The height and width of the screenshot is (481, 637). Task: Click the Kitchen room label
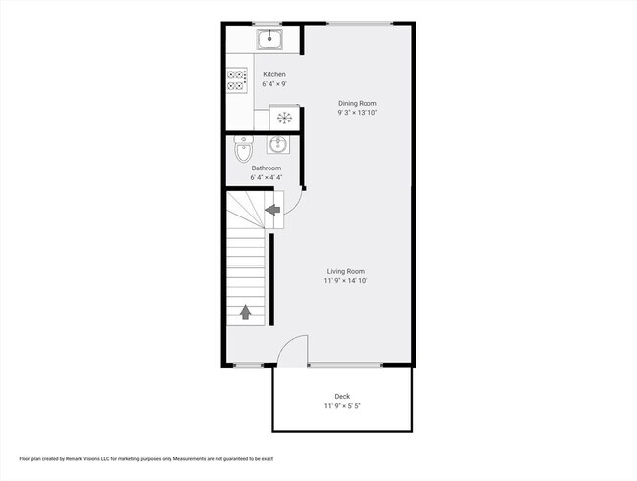point(274,74)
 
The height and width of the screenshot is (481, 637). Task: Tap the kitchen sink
point(269,40)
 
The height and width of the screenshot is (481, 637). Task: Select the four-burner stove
point(237,80)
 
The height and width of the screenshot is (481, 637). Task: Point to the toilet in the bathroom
point(243,149)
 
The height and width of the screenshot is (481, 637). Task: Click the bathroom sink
point(278,144)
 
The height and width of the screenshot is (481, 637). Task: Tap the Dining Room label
point(358,103)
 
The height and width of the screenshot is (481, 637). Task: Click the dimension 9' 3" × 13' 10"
point(358,113)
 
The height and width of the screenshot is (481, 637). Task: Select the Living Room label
point(346,271)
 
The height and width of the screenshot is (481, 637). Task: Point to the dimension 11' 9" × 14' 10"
point(346,281)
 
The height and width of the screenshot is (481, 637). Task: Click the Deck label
point(342,396)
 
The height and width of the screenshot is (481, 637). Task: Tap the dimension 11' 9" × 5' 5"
point(342,406)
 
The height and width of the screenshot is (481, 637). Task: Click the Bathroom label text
point(267,168)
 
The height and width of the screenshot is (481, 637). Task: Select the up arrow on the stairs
point(245,313)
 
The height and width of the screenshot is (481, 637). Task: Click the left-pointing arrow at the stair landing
point(272,210)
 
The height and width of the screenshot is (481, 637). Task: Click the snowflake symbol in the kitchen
point(284,118)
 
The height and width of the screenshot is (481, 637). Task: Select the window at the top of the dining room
point(360,24)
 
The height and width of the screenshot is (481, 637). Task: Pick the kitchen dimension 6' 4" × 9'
point(274,84)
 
